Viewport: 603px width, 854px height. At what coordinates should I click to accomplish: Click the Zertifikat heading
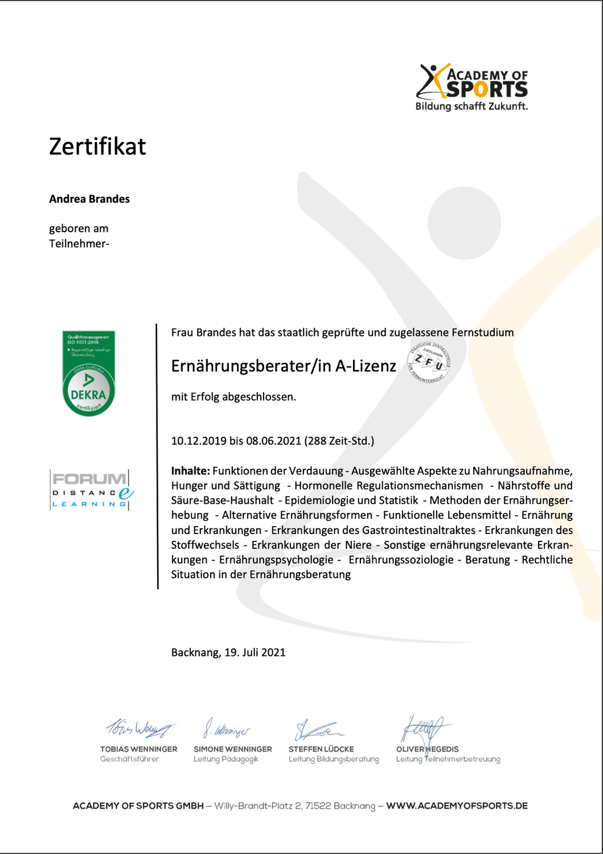97,146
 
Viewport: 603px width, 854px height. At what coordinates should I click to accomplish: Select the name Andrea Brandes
89,199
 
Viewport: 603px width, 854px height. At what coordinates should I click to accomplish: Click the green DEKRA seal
88,373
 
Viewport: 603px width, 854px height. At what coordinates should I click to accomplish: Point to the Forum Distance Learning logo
92,490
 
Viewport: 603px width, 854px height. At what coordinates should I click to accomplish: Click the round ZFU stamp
429,362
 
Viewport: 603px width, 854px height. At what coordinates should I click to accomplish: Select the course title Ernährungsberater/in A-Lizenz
284,366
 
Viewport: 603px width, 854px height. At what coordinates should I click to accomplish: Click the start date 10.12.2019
198,441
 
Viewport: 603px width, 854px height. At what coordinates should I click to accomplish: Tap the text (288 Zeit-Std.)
339,441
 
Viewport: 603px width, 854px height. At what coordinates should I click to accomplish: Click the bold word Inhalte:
191,471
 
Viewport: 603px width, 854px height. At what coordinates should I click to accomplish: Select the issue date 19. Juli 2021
255,652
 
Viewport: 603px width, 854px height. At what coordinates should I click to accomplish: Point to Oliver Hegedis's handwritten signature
423,728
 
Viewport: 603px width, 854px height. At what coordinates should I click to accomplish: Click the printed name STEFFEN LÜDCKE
321,749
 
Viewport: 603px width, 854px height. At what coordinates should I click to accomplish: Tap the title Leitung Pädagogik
225,759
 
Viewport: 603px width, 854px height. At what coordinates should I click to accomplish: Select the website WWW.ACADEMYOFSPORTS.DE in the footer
457,806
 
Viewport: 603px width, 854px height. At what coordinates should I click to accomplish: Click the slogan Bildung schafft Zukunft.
471,106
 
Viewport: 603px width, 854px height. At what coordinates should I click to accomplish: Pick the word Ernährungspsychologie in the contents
276,560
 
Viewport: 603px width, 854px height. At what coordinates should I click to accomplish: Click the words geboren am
79,228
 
